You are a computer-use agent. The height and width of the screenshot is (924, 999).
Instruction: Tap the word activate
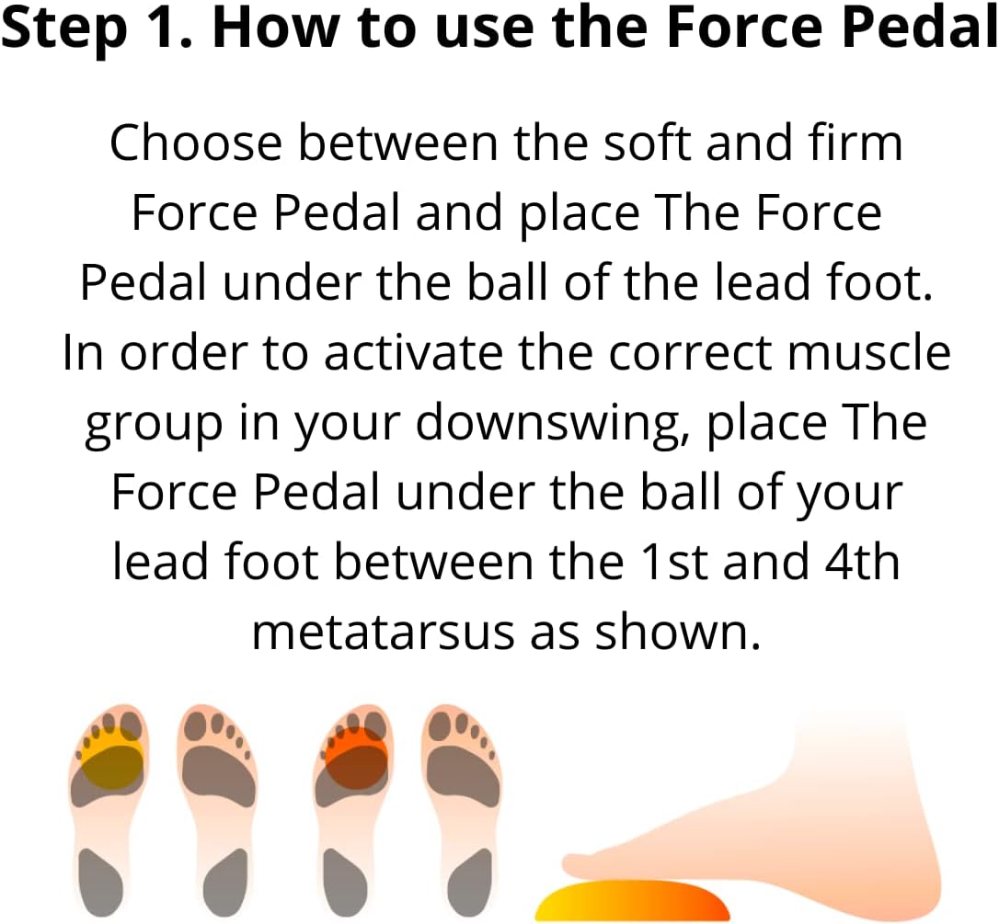[x=413, y=352]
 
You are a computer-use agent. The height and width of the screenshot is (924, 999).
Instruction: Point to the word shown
[x=678, y=633]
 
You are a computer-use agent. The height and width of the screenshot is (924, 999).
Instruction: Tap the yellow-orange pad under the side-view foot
[x=632, y=900]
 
